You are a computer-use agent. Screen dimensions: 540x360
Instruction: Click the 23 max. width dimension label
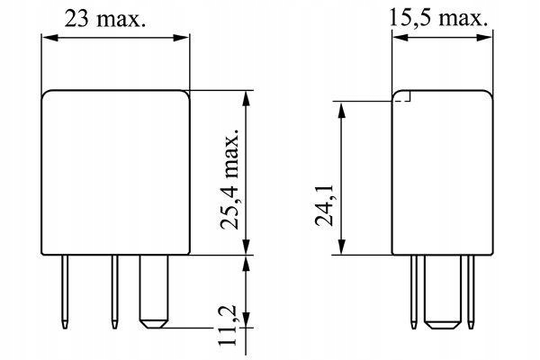pos(105,19)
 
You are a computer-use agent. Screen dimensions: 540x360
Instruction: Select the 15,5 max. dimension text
pos(438,18)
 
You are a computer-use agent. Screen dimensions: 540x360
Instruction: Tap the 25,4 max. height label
pos(229,179)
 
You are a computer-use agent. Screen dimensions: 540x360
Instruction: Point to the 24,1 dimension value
pos(324,205)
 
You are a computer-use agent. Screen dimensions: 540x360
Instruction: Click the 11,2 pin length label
pos(227,325)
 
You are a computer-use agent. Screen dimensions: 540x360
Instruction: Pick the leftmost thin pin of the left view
pos(65,292)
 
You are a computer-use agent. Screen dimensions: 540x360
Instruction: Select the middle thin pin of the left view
pos(114,292)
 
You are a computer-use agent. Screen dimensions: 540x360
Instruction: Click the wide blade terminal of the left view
pos(154,292)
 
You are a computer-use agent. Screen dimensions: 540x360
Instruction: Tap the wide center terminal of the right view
pos(443,292)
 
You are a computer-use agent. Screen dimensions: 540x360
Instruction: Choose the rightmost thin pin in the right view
pos(471,292)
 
